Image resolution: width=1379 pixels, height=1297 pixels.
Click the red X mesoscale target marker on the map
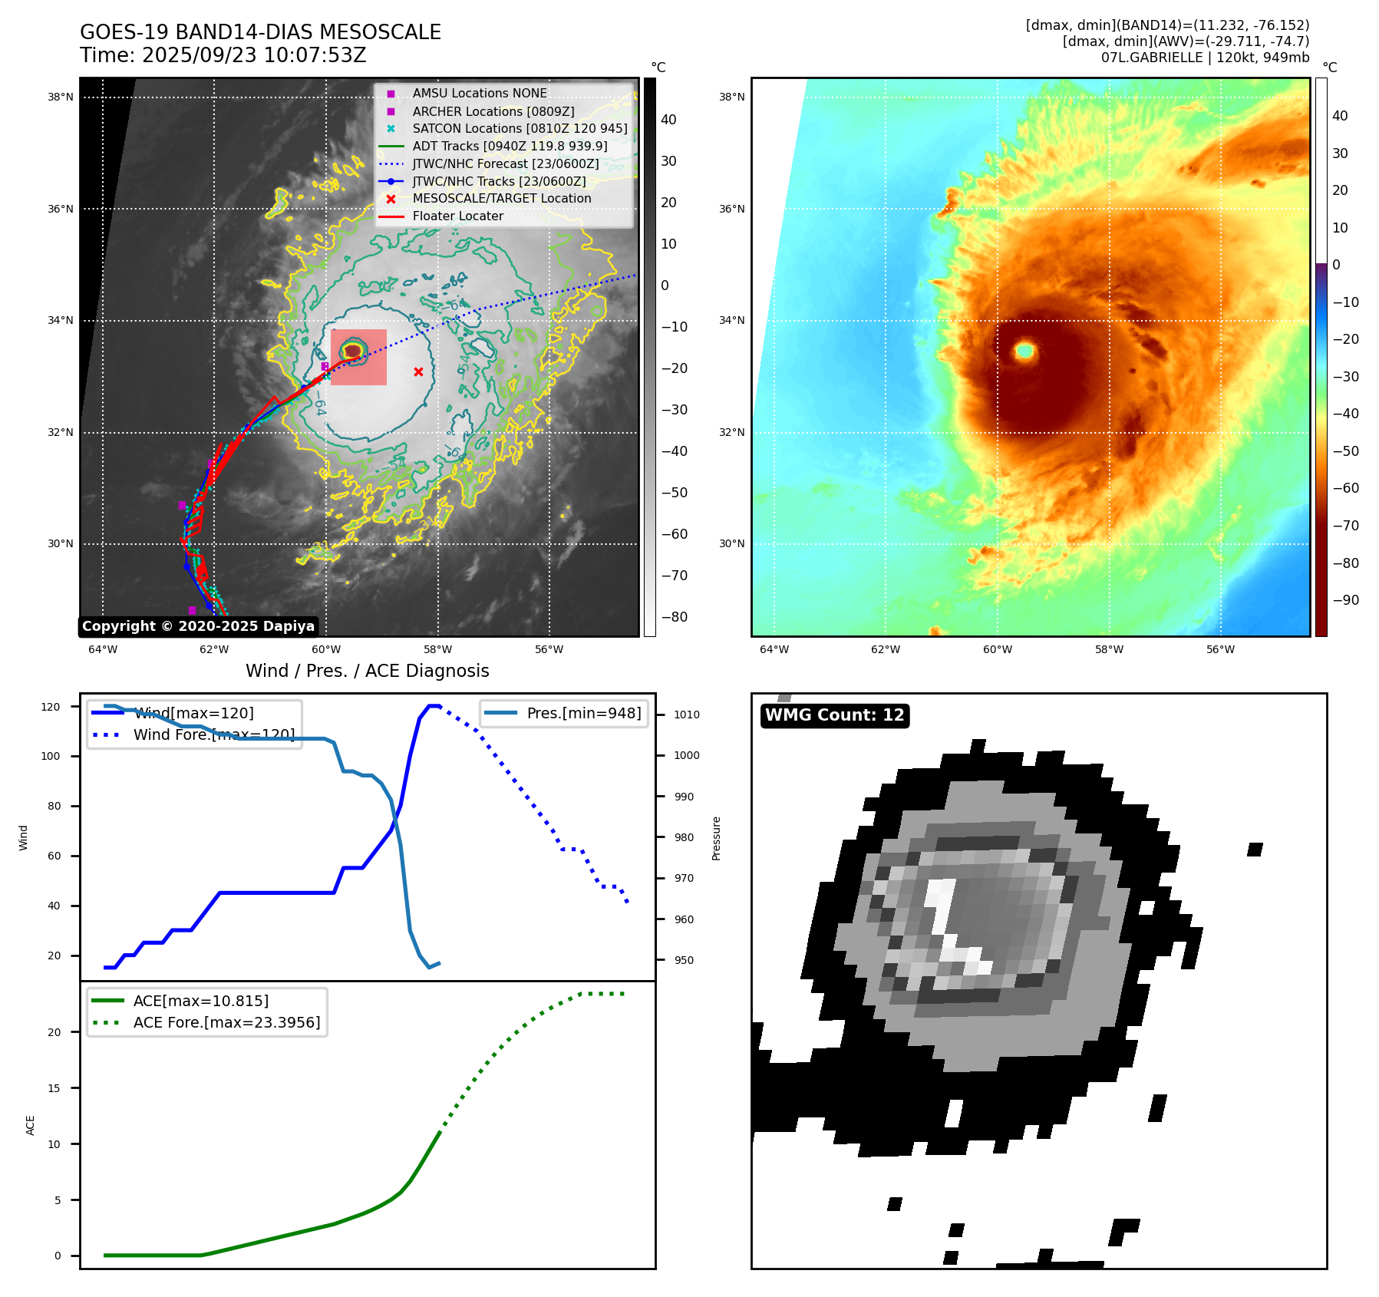418,372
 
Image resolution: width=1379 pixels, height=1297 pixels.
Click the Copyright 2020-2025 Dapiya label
198,626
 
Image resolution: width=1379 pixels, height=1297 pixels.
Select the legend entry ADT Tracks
510,146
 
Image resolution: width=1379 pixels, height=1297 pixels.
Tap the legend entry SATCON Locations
520,128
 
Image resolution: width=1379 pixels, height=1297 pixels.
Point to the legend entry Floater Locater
457,216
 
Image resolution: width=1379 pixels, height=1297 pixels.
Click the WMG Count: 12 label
834,715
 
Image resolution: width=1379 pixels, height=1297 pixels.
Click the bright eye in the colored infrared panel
1025,351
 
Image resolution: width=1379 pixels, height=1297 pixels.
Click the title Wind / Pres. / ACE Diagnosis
367,671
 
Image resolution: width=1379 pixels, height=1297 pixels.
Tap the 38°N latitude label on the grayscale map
61,97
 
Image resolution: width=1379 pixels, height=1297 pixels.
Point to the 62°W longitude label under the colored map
886,649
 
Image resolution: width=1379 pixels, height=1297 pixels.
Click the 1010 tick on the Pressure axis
686,715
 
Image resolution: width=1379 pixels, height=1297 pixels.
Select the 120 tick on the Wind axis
51,707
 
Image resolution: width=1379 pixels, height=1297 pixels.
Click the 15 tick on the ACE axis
54,1088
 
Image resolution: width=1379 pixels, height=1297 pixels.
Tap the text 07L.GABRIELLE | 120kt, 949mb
1205,58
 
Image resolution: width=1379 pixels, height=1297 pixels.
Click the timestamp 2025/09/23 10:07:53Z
254,56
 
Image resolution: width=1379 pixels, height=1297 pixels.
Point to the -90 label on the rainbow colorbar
1345,600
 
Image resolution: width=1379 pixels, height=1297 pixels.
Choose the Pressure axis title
716,838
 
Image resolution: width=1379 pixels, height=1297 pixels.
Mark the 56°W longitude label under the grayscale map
549,649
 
